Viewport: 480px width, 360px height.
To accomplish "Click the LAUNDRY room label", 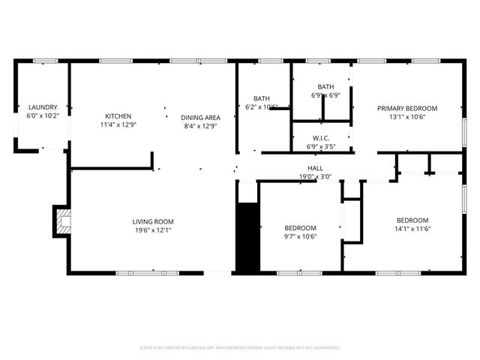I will [x=42, y=107].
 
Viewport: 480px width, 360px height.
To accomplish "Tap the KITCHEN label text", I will [x=118, y=116].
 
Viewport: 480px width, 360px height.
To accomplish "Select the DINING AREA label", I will [x=200, y=118].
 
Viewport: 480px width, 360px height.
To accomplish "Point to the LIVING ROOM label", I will [x=153, y=221].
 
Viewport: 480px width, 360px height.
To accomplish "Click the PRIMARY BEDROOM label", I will [x=407, y=108].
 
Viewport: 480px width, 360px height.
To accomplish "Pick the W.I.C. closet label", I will [x=322, y=138].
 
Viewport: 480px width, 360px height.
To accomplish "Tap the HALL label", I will [x=315, y=168].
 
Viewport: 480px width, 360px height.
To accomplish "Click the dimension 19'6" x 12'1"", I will [x=153, y=230].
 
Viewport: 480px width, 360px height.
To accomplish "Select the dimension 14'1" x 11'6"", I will [x=412, y=229].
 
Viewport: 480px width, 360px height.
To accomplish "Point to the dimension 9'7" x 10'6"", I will [x=300, y=237].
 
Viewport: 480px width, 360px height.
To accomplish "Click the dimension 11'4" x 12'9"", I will [x=118, y=125].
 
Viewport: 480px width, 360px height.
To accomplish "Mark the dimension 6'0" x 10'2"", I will [x=42, y=116].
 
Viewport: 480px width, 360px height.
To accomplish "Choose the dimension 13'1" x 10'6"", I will [x=407, y=117].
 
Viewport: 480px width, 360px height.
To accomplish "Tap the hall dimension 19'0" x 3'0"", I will [x=315, y=177].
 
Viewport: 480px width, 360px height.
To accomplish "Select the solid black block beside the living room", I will [x=247, y=237].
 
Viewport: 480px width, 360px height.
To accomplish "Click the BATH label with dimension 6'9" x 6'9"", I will [x=325, y=87].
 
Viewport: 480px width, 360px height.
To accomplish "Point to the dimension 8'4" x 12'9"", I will [x=200, y=127].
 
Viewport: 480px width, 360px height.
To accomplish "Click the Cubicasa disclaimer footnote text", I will [x=240, y=348].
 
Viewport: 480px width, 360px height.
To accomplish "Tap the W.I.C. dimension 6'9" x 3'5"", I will [x=322, y=147].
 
